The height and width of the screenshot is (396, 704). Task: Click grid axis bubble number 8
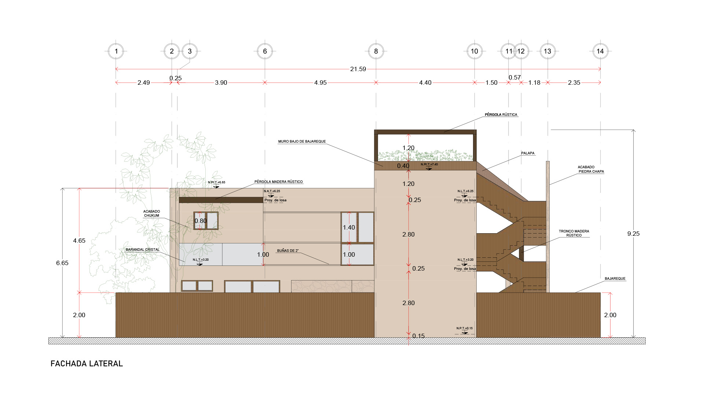click(376, 51)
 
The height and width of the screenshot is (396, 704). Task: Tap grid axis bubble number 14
click(600, 51)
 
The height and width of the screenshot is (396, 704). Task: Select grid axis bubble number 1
click(116, 51)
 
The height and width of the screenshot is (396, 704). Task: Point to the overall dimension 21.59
click(358, 69)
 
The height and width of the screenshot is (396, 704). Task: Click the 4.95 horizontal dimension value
click(320, 83)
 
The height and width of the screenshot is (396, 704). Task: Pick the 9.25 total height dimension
click(633, 234)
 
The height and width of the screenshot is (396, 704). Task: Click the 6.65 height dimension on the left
click(62, 263)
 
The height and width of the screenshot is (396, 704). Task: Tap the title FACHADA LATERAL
click(87, 364)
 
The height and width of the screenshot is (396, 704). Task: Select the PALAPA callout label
click(528, 153)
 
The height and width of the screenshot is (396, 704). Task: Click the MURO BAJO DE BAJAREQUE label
click(302, 142)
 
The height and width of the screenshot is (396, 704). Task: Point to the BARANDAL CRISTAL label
click(143, 250)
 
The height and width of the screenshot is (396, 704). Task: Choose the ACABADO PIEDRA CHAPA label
click(591, 169)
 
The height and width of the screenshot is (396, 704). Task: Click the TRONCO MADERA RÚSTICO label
click(574, 233)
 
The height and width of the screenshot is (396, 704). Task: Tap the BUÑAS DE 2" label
click(288, 251)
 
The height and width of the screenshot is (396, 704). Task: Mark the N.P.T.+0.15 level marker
click(465, 330)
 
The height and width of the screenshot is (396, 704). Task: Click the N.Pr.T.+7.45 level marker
click(429, 166)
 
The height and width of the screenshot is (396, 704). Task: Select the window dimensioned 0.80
click(206, 221)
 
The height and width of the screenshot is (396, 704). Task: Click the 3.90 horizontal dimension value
click(221, 83)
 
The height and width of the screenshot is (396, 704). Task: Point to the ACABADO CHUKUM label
click(151, 213)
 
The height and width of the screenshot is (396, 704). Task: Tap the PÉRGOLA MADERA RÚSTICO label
click(279, 182)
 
